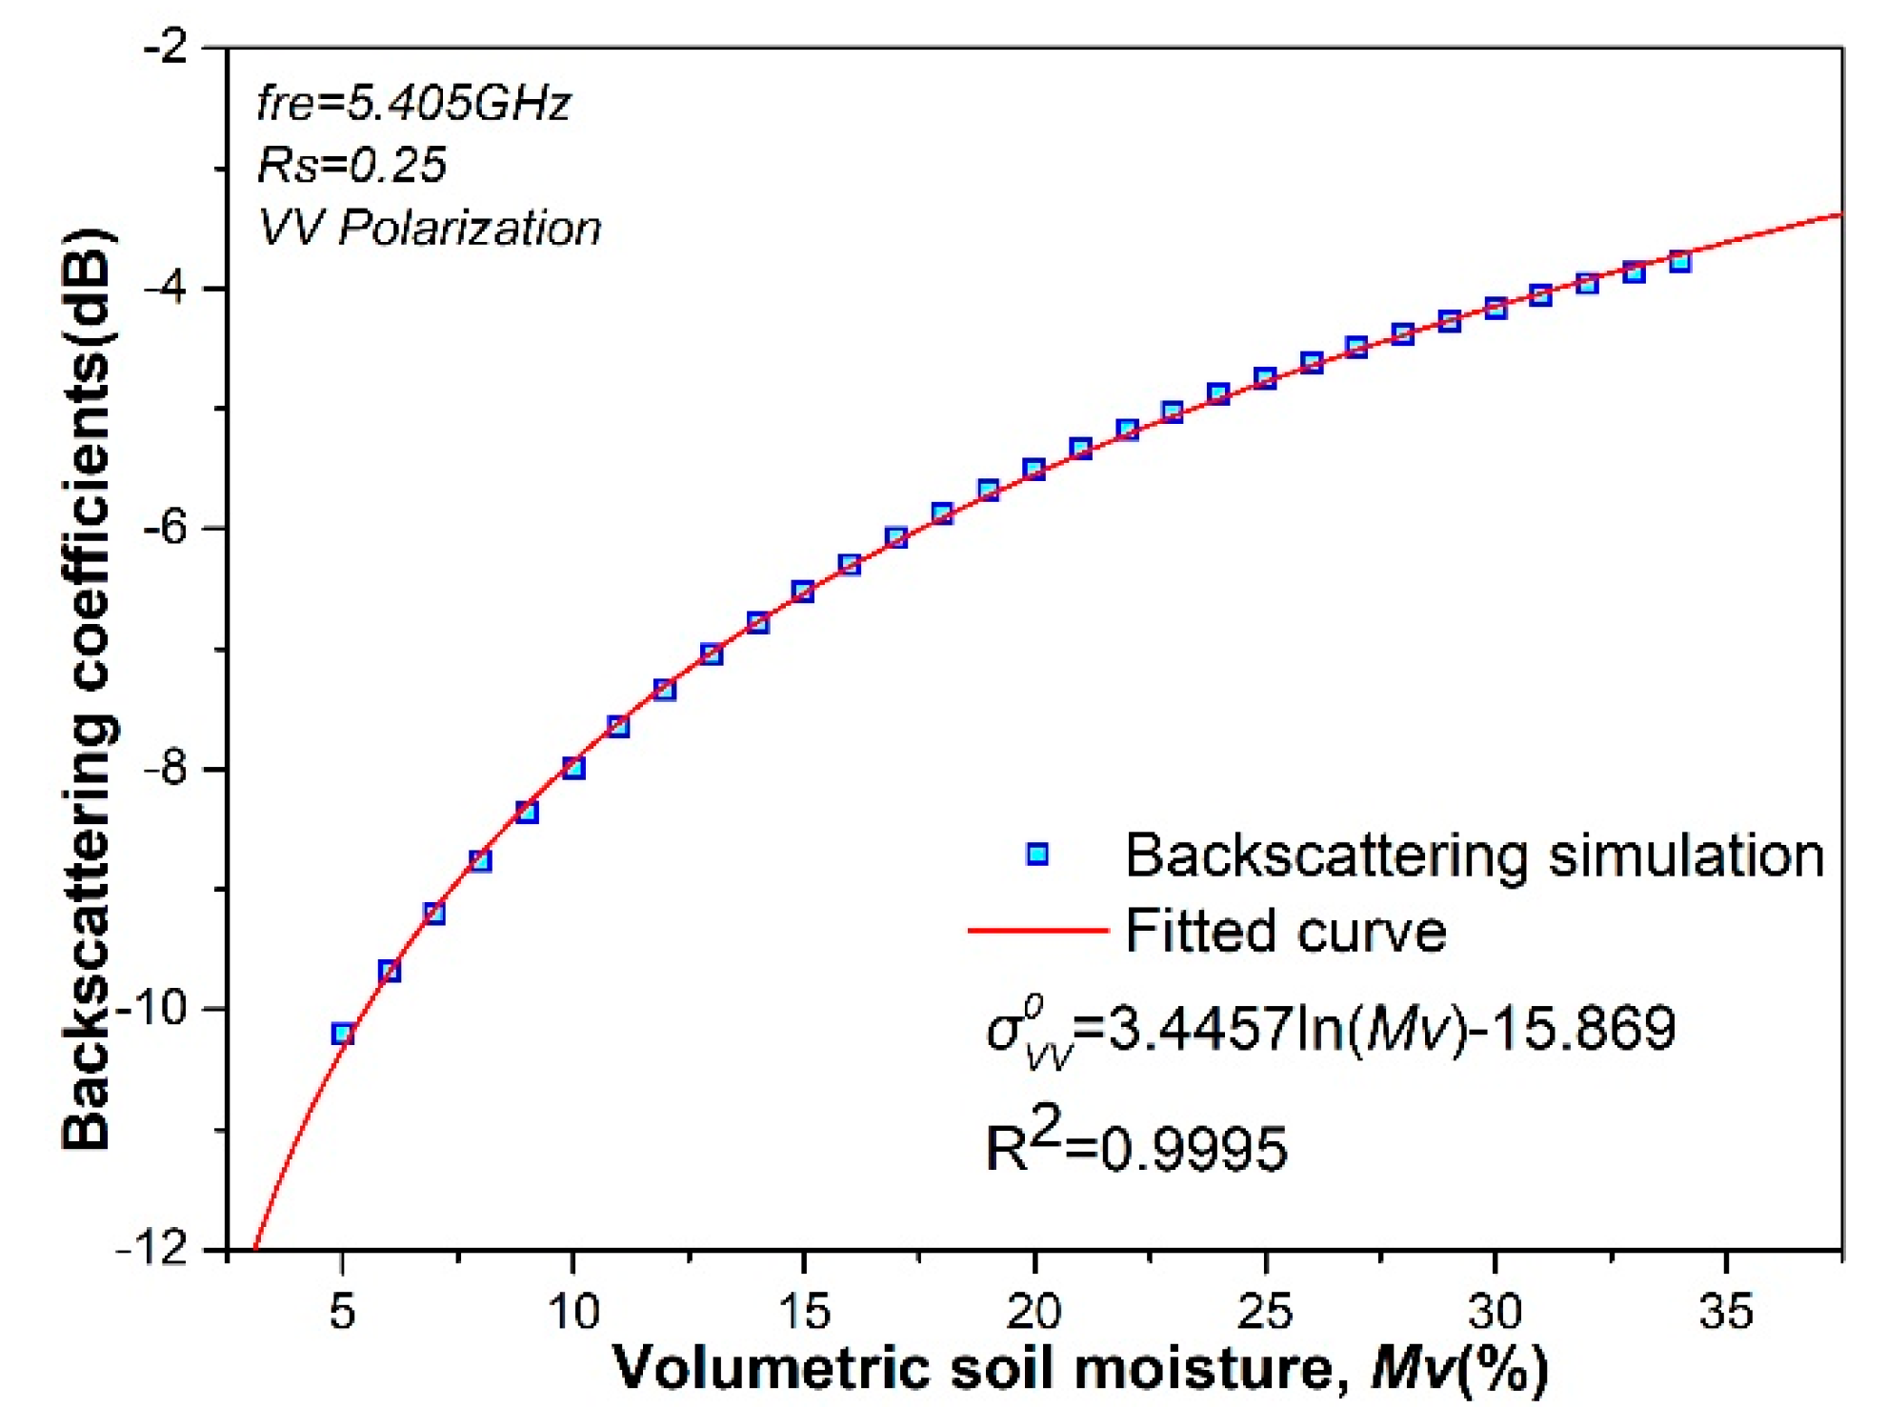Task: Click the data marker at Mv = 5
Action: coord(343,1034)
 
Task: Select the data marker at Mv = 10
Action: coord(573,768)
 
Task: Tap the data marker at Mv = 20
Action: coord(1034,469)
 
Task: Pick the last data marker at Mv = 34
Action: coord(1680,262)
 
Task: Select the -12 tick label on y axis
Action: coord(158,1249)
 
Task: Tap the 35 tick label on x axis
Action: coord(1726,1313)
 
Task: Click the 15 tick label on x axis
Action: coord(803,1313)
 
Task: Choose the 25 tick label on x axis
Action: coord(1265,1313)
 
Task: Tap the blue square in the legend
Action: coord(1037,854)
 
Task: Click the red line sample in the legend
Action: coord(1037,929)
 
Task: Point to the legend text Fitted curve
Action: coord(1285,931)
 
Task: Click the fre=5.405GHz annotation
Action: coord(413,103)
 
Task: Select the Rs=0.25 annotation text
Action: coord(351,165)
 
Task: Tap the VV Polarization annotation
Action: coord(430,228)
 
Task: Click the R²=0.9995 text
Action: coord(1135,1143)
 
